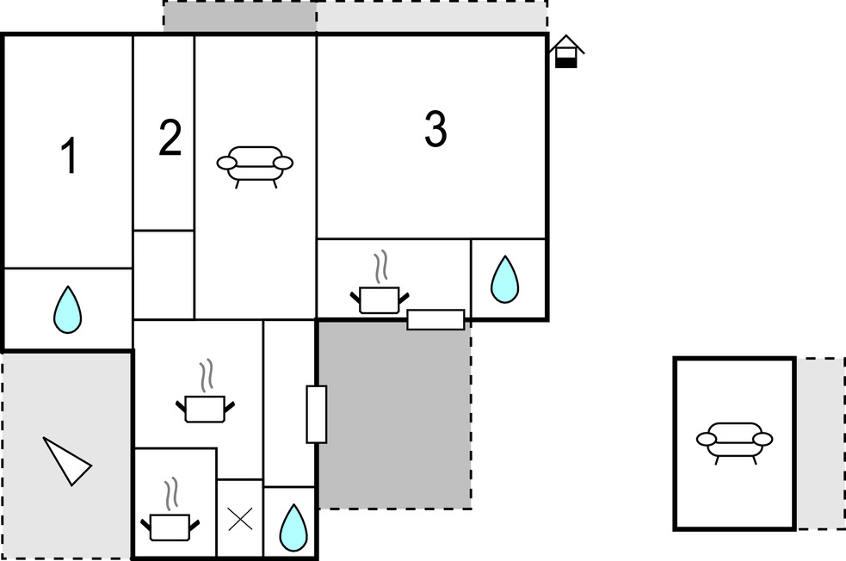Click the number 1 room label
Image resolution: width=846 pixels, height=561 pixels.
click(x=69, y=157)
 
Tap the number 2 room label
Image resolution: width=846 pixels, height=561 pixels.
click(x=170, y=139)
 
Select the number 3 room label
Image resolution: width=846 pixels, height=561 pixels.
click(x=435, y=130)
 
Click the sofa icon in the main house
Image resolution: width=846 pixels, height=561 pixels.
click(x=255, y=163)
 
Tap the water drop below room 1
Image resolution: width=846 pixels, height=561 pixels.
click(x=67, y=309)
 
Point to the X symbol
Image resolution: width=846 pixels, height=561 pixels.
click(x=239, y=518)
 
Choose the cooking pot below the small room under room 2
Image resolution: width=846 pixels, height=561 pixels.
click(x=206, y=398)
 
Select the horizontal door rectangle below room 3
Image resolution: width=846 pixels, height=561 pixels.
click(x=435, y=319)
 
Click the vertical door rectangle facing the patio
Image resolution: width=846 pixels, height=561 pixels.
click(x=317, y=414)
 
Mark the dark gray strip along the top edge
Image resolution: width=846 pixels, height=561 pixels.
click(x=240, y=17)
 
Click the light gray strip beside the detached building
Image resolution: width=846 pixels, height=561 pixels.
click(x=820, y=443)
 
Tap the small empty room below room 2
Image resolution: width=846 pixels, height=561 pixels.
click(x=164, y=274)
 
